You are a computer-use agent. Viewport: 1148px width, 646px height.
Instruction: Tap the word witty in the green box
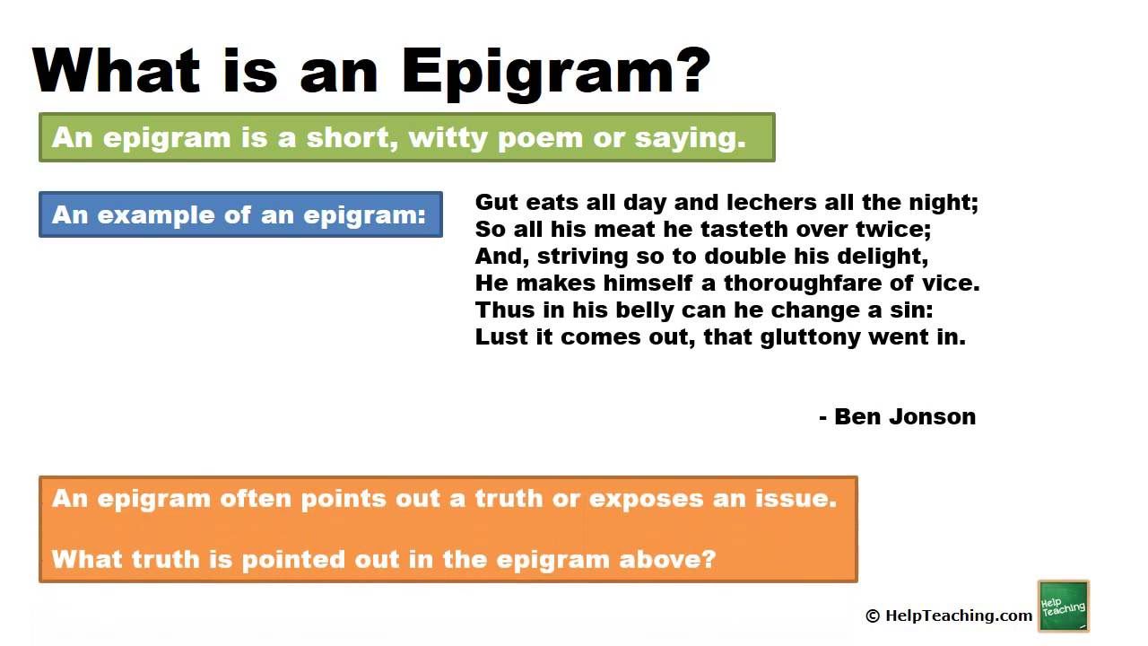click(x=448, y=138)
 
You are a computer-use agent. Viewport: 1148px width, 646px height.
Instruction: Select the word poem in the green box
click(x=540, y=138)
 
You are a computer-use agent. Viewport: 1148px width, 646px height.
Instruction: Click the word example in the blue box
click(x=156, y=215)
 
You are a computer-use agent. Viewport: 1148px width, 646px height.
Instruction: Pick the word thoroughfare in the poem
click(x=803, y=283)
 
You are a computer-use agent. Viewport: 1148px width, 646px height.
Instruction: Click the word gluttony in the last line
click(x=810, y=338)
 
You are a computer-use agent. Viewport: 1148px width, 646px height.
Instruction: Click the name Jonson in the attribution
click(x=932, y=417)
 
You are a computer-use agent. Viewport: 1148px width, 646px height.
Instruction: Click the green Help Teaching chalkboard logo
click(x=1064, y=606)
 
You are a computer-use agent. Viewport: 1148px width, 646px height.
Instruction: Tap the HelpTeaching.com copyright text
click(x=949, y=615)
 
